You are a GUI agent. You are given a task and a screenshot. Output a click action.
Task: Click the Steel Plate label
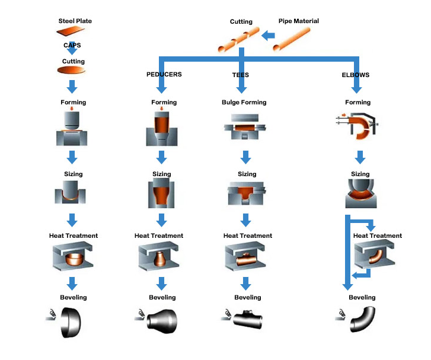[x=75, y=21]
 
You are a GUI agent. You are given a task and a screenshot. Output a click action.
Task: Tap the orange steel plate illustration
[x=71, y=31]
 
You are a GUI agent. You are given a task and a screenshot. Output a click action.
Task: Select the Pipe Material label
[x=299, y=21]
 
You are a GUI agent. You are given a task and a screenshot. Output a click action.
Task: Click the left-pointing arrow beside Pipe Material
[x=268, y=36]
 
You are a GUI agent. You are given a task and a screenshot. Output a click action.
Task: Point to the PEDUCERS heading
[x=164, y=74]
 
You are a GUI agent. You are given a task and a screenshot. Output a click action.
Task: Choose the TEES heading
[x=241, y=75]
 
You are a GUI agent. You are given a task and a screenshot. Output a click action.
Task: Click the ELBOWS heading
[x=355, y=75]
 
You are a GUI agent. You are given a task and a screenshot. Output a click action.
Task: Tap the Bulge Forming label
[x=244, y=103]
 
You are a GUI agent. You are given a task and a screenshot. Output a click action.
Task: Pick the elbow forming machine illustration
[x=357, y=125]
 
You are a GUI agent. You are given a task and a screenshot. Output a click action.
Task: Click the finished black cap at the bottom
[x=71, y=322]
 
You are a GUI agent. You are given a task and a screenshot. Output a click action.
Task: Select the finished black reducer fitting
[x=162, y=321]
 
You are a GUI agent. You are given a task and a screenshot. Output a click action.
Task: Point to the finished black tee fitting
[x=248, y=320]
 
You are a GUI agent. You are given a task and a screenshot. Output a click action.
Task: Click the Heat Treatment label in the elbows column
[x=378, y=235]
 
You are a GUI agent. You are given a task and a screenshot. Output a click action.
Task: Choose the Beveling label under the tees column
[x=248, y=297]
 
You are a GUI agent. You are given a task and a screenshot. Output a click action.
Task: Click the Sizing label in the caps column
[x=74, y=174]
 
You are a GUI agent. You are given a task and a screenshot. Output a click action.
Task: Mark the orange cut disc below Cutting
[x=71, y=70]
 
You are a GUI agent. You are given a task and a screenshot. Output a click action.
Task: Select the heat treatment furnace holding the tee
[x=245, y=256]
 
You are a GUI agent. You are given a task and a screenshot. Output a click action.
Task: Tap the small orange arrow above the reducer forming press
[x=162, y=109]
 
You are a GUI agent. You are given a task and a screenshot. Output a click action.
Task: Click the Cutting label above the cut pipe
[x=241, y=22]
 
